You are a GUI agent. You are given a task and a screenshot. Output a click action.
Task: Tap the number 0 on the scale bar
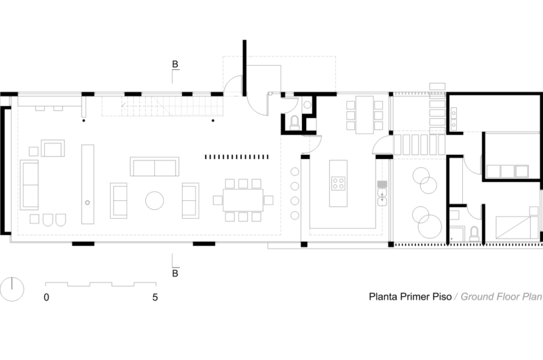46,298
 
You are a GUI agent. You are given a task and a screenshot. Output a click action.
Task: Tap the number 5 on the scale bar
155,298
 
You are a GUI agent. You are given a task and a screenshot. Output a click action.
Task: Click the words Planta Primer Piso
410,297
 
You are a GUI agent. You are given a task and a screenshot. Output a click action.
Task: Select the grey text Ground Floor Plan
501,297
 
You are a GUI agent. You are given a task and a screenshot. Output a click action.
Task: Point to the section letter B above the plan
175,64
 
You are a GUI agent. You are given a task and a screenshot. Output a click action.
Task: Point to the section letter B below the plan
175,273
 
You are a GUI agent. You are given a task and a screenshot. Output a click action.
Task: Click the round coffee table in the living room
155,200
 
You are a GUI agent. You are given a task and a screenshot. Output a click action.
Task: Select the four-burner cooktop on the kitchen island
338,183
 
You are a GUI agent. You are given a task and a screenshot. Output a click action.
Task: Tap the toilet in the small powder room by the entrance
295,123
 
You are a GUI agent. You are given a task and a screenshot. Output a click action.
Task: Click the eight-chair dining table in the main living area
243,200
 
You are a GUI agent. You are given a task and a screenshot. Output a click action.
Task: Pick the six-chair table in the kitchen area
364,115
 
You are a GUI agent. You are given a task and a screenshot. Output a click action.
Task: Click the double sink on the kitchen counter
382,198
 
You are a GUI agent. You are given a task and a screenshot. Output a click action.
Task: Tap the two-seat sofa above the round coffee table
155,166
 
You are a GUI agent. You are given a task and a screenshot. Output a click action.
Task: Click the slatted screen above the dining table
237,157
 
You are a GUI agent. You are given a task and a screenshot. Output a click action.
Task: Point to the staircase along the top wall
162,106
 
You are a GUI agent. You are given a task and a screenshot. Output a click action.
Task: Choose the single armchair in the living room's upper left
53,148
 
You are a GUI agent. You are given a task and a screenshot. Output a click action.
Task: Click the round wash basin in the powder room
307,105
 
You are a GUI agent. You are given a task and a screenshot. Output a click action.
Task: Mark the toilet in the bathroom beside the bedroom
474,234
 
